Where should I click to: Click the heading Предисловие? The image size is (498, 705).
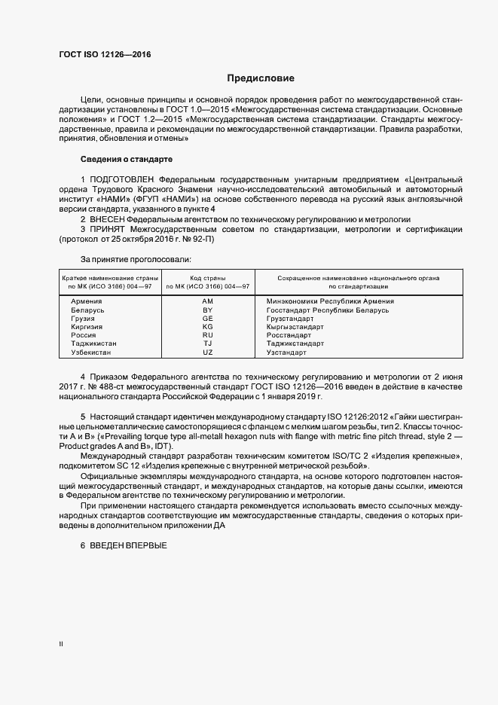[x=260, y=78]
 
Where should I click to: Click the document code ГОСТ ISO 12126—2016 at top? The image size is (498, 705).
[x=105, y=55]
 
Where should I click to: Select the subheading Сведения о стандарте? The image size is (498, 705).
[x=127, y=160]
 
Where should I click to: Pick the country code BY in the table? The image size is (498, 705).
[x=208, y=310]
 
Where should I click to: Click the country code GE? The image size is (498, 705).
[x=208, y=319]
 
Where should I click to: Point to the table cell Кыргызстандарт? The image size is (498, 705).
[x=295, y=327]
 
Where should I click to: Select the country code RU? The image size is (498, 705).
[x=208, y=335]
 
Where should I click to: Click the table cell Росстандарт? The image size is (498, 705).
[x=289, y=335]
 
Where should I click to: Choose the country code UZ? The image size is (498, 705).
[x=208, y=352]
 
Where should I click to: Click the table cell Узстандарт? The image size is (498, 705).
[x=287, y=352]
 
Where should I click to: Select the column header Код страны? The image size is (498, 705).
[x=208, y=278]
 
